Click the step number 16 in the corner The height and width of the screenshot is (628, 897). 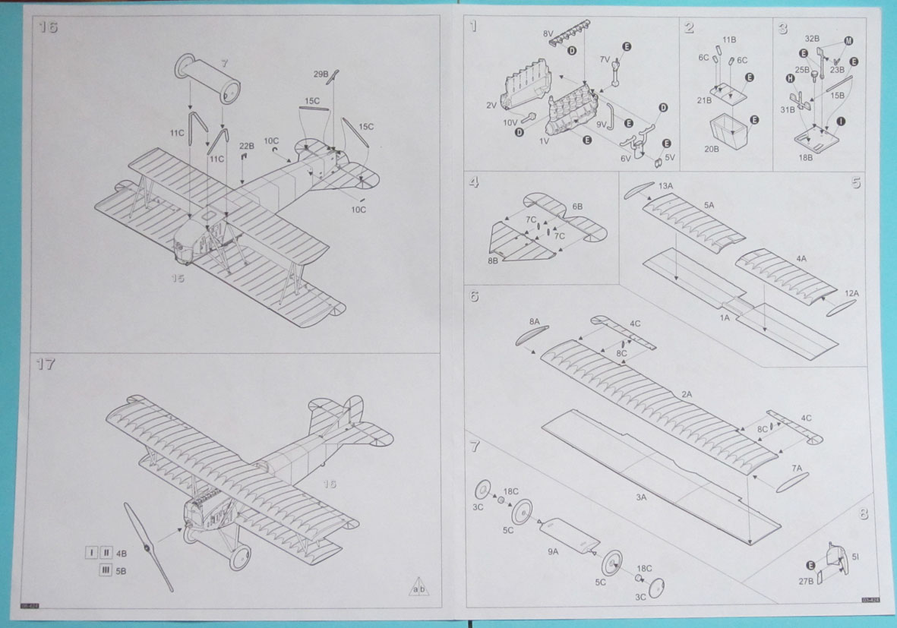[48, 28]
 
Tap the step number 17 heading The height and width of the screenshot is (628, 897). [46, 364]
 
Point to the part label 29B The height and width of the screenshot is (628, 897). [321, 74]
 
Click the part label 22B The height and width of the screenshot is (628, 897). [246, 146]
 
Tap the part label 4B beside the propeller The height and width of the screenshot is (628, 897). [122, 553]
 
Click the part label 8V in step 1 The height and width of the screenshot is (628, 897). [548, 35]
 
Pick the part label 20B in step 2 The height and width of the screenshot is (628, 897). [712, 149]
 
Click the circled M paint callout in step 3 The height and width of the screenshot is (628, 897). [848, 40]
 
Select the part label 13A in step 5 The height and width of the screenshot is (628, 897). [665, 185]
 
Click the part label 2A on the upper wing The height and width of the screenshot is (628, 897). [687, 394]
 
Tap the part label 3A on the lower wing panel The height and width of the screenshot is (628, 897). [641, 497]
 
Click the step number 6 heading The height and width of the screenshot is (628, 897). [474, 296]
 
